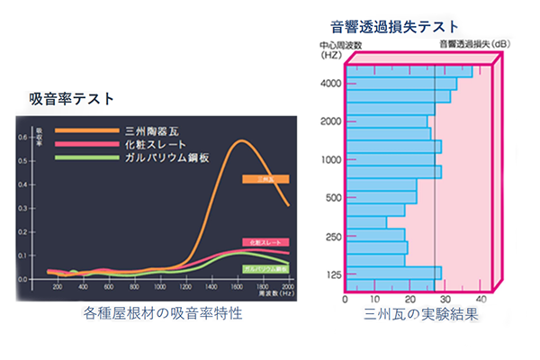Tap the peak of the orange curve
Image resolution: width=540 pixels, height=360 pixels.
pyautogui.click(x=240, y=141)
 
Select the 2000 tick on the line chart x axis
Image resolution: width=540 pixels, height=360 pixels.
pyautogui.click(x=287, y=286)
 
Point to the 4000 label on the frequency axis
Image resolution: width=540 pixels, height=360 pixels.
pyautogui.click(x=329, y=84)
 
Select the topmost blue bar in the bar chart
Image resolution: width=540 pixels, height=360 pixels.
pyautogui.click(x=409, y=71)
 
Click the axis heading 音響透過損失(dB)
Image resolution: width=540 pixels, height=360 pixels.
pyautogui.click(x=474, y=43)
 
